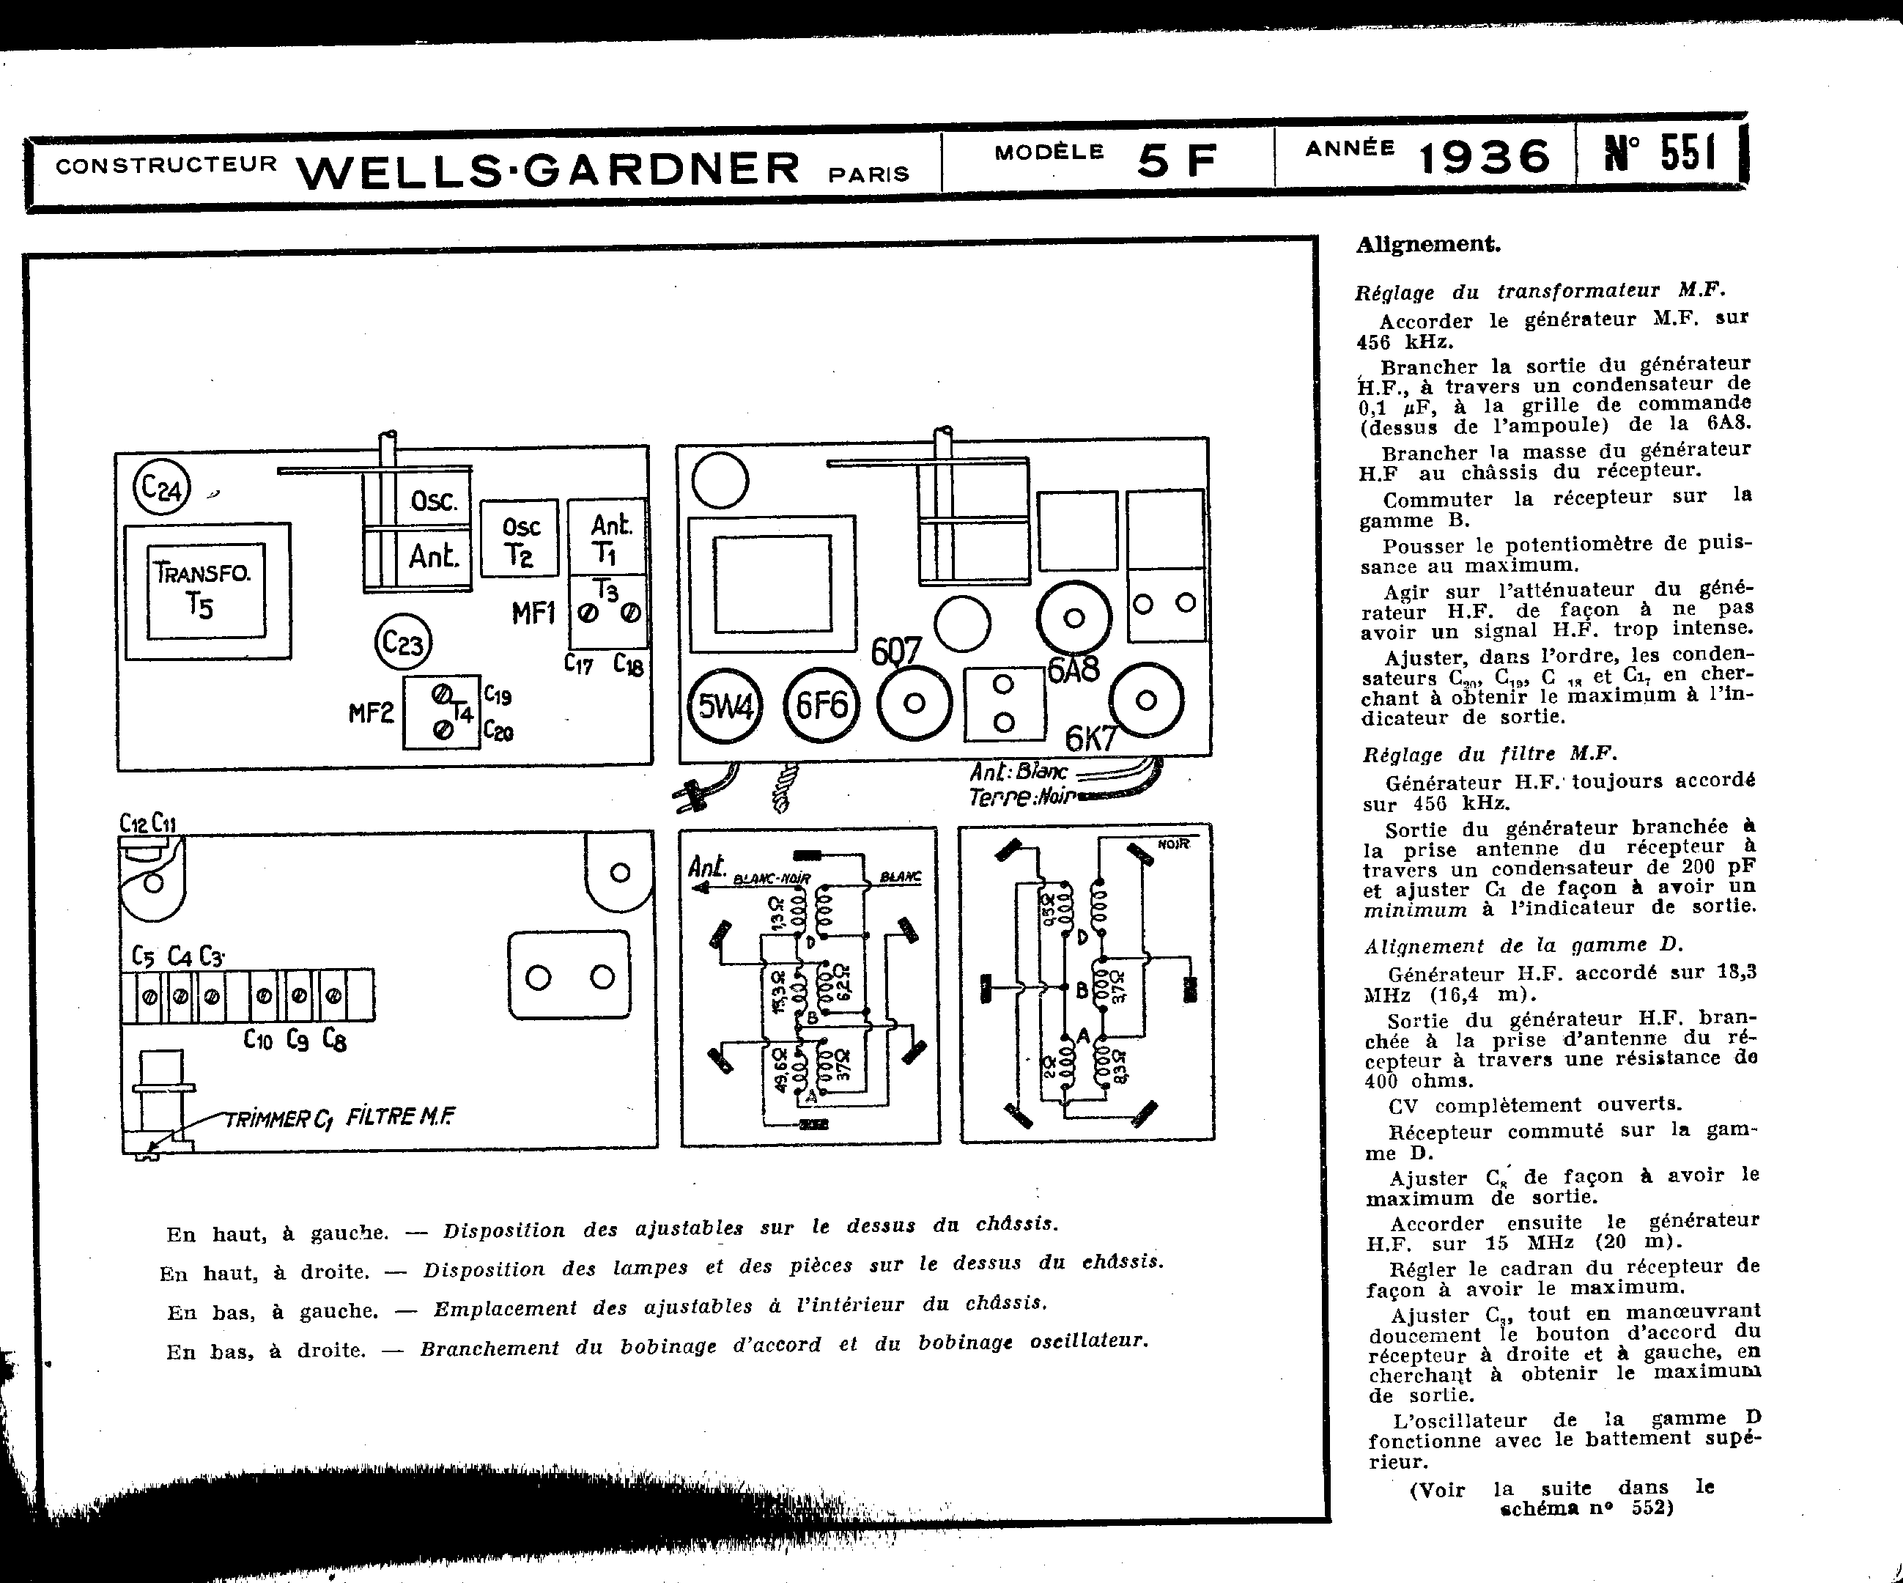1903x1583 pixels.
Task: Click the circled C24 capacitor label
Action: click(162, 488)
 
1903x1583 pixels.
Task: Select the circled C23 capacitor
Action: click(403, 643)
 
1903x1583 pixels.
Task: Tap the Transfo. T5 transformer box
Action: click(207, 590)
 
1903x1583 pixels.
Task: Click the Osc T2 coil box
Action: click(520, 538)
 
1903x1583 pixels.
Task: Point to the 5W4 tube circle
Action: click(725, 705)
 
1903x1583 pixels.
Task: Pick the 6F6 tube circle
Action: click(821, 704)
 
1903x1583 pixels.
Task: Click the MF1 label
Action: click(533, 613)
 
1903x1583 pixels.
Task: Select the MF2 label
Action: click(371, 713)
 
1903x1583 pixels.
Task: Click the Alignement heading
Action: click(1427, 244)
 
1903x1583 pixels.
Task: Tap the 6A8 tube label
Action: click(1073, 670)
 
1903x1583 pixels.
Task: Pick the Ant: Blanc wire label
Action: click(1019, 772)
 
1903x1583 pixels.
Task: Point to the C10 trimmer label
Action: click(257, 1039)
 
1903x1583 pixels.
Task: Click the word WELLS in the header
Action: click(395, 169)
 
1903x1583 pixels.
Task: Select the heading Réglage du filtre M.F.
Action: click(1489, 754)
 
